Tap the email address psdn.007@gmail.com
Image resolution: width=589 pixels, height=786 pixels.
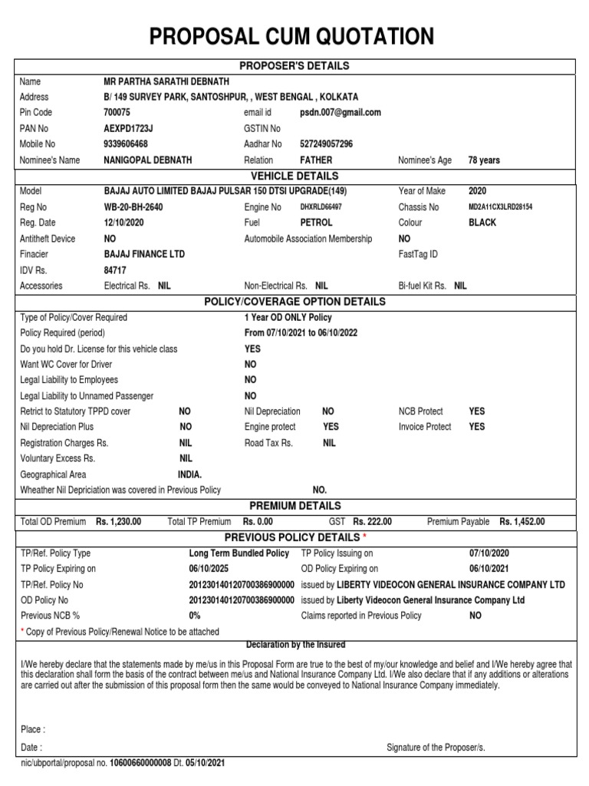coord(340,112)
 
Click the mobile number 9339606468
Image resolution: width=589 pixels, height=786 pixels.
coord(126,144)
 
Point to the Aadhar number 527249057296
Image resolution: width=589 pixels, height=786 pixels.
coord(326,144)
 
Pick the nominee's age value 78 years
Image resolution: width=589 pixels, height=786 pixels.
coord(484,160)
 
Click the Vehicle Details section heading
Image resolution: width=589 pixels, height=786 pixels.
coord(294,176)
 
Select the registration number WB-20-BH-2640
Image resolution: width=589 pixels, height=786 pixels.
coord(133,207)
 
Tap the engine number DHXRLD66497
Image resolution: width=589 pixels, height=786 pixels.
coord(321,207)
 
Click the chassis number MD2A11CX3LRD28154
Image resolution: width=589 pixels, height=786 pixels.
coord(500,207)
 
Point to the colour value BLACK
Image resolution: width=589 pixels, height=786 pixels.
coord(482,223)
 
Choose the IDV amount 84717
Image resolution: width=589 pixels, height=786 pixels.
coord(116,270)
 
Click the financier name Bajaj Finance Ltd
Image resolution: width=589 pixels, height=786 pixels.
coord(144,254)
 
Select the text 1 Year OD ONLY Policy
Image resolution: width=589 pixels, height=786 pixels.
coord(288,317)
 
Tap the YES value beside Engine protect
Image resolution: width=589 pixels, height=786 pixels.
coord(331,427)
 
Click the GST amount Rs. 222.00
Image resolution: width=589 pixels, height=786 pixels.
coord(372,522)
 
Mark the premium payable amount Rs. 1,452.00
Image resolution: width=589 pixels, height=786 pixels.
coord(522,522)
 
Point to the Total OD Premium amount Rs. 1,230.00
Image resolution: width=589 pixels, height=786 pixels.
coord(118,522)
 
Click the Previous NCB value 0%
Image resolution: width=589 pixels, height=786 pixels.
coord(195,616)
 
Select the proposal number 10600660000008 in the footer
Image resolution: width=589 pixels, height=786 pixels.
coord(142,765)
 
